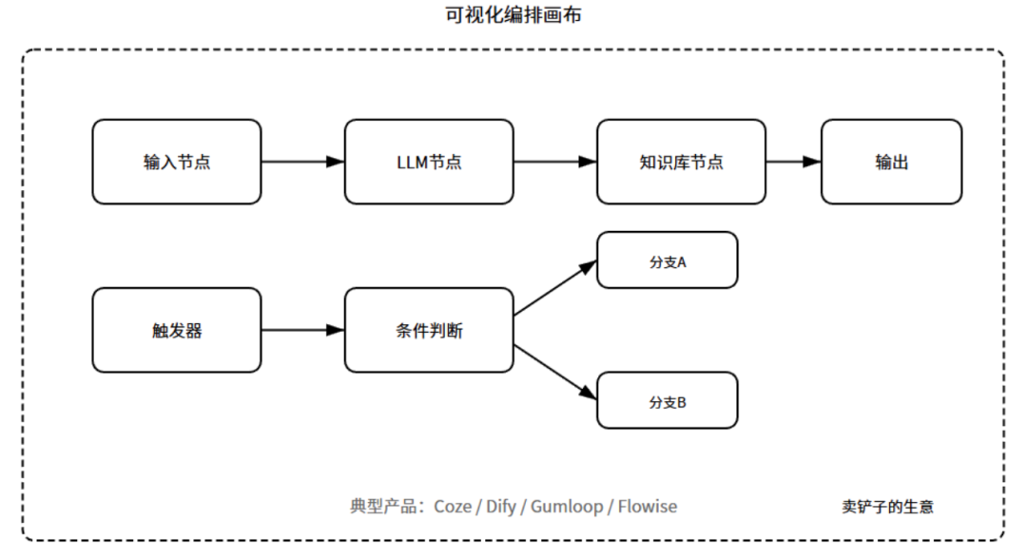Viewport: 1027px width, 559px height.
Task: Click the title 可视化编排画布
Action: point(513,15)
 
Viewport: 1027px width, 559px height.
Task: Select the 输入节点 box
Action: point(177,162)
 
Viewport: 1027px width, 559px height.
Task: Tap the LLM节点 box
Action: point(429,162)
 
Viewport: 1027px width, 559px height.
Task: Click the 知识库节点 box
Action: point(681,162)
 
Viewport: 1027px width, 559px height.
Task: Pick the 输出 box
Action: point(891,162)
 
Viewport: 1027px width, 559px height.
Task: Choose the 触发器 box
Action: point(177,330)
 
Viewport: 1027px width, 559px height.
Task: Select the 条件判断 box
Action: point(429,330)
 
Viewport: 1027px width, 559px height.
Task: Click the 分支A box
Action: point(668,260)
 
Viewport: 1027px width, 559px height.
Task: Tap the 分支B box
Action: point(668,400)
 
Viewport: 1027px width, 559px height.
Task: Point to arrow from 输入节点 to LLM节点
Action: point(302,162)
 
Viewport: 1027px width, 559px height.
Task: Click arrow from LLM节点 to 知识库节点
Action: point(554,162)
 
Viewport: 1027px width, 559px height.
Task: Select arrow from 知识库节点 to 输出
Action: point(793,162)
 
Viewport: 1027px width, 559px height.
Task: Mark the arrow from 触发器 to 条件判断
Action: point(302,330)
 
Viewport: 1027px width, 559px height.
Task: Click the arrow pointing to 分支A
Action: point(555,288)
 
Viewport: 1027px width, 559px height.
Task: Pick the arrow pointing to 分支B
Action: point(555,372)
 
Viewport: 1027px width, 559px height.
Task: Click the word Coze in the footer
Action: point(453,506)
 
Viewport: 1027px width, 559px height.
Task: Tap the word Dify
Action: point(501,506)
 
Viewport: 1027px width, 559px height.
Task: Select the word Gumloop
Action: point(567,506)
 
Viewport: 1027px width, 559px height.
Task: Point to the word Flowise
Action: point(648,506)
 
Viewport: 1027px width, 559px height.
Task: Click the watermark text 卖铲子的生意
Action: point(887,507)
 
